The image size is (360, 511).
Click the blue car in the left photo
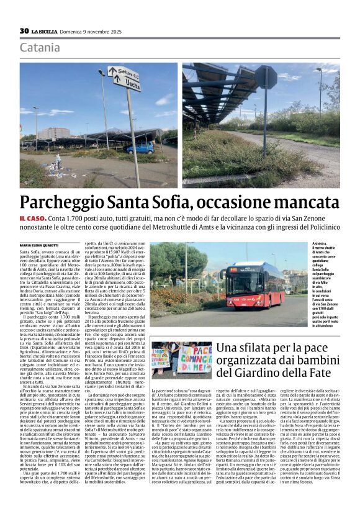141,148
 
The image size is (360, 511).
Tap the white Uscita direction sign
125,79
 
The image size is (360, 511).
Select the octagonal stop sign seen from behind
266,77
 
